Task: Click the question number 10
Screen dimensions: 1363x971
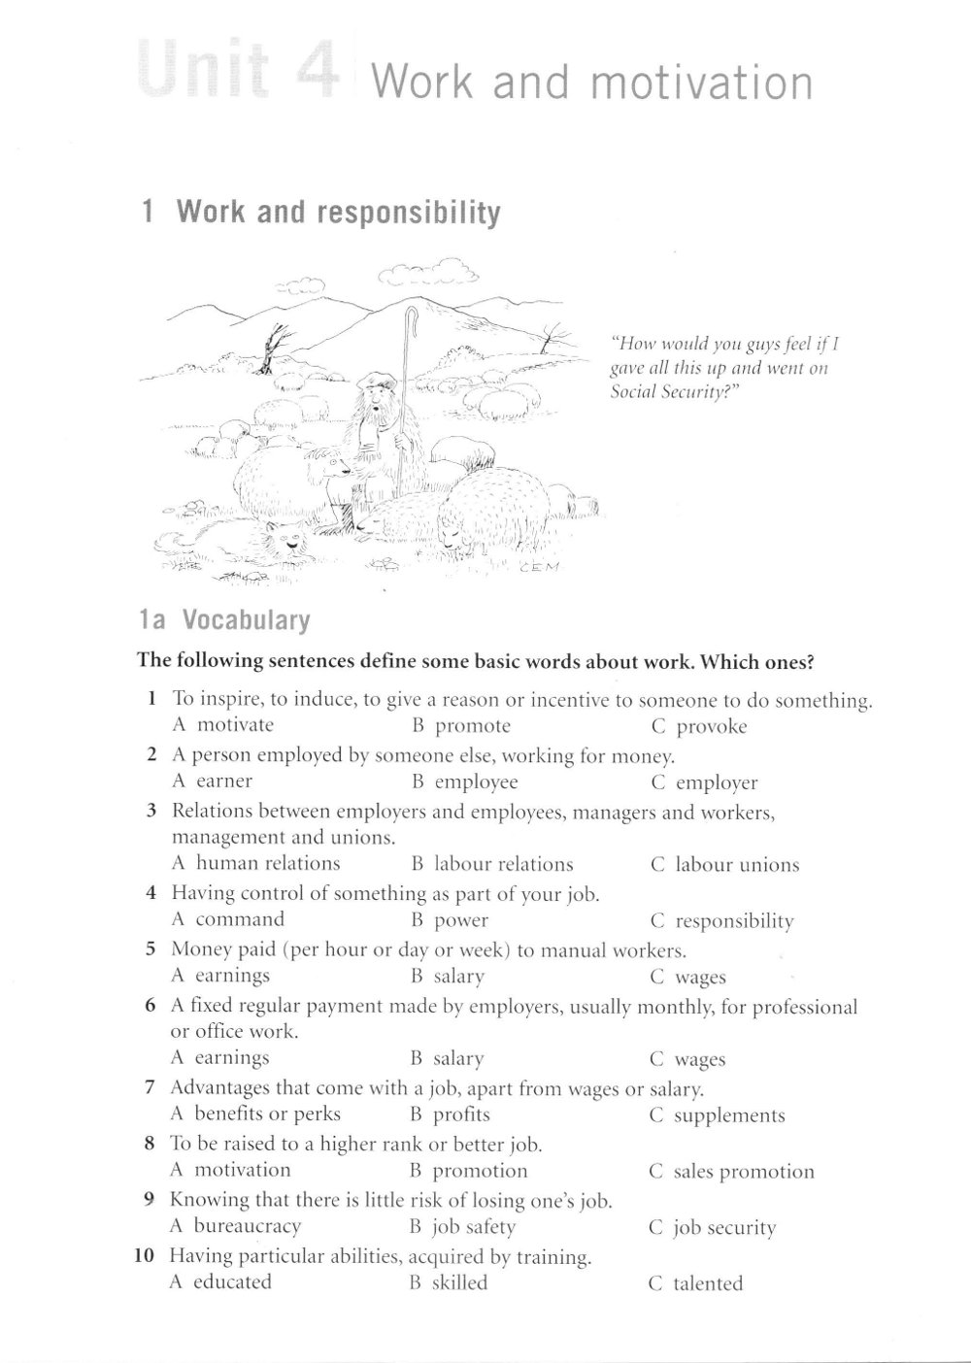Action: (x=145, y=1256)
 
